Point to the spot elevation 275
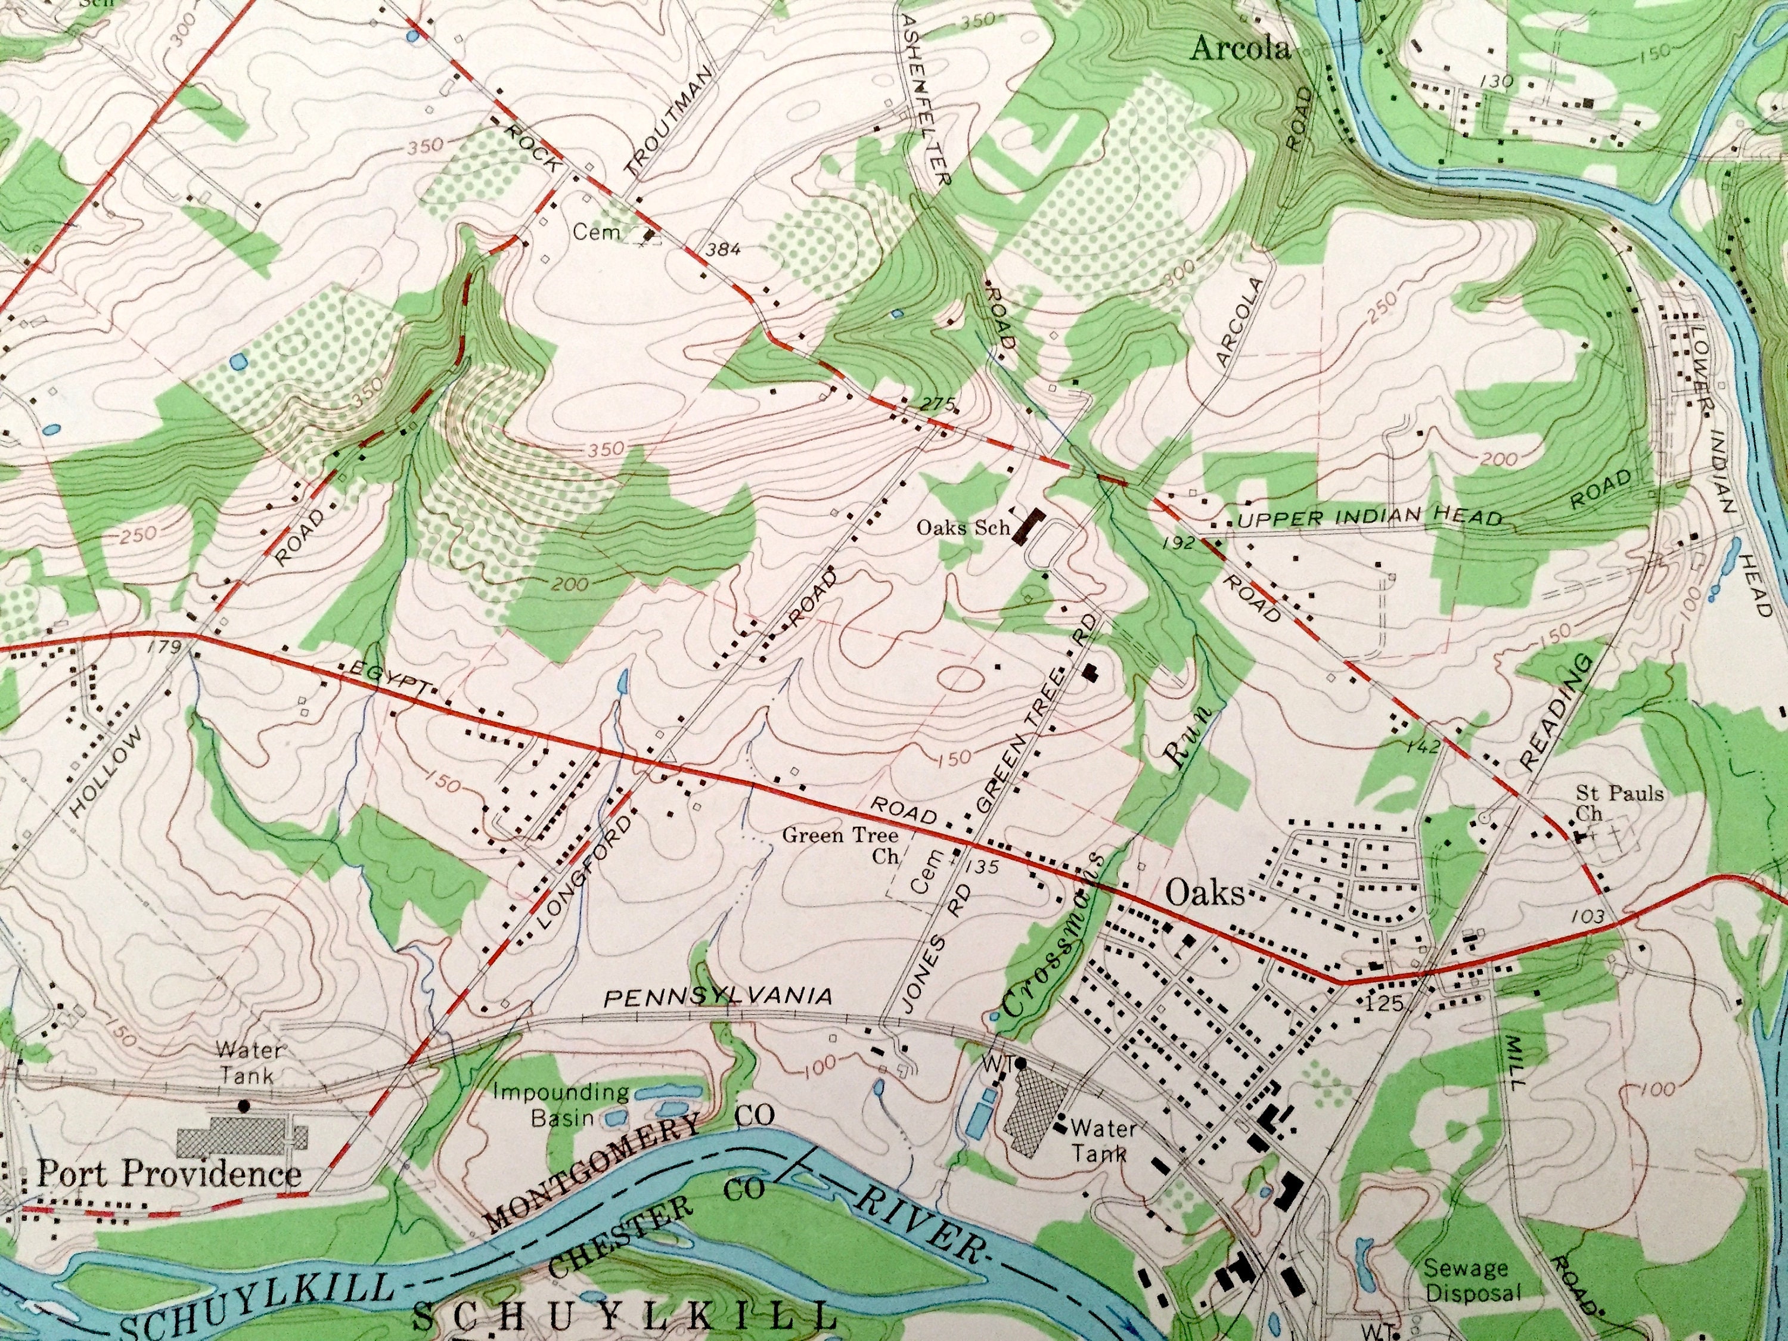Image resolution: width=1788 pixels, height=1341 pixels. tap(938, 403)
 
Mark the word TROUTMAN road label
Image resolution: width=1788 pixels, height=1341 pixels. tap(669, 121)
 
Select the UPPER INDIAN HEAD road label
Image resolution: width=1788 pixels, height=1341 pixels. tap(1369, 517)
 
